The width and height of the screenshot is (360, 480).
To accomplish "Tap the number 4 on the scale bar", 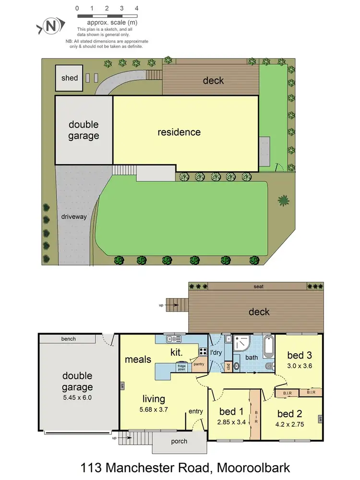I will tap(137, 8).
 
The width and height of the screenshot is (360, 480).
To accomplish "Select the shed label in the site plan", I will tap(70, 78).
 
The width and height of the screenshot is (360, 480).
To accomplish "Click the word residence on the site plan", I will tap(179, 132).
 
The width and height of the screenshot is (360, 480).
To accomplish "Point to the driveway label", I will tap(74, 216).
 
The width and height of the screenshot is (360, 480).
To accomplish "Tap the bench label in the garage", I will tap(68, 339).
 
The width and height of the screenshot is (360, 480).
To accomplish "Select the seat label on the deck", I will tap(259, 287).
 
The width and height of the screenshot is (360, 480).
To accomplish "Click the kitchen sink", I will tap(172, 339).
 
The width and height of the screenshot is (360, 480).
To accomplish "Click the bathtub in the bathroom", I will tap(268, 347).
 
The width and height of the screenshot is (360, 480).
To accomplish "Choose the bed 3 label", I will tap(300, 355).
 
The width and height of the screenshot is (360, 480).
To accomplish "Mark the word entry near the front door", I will tap(196, 411).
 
